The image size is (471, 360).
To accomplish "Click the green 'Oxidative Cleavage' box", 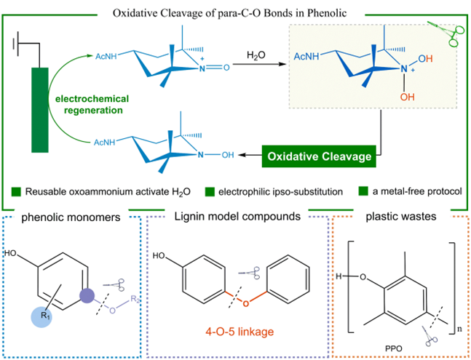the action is coord(319,156).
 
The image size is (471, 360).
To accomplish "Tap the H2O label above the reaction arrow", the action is coord(256,55).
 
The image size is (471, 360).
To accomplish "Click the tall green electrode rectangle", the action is coord(40,110).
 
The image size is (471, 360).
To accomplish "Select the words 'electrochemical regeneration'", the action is coord(92,105).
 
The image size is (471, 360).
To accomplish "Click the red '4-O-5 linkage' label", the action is coord(240,332).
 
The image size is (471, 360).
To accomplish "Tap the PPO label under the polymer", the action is coord(393,348).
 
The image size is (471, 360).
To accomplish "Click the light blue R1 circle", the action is coord(41,317).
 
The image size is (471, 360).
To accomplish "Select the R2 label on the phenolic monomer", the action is coord(135,299).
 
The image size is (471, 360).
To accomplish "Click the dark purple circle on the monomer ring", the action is coord(87,295).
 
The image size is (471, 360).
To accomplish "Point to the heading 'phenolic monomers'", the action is coord(71,217).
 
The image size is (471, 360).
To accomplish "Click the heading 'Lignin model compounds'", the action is coord(237,216).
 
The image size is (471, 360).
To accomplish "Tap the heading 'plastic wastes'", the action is coord(401,216).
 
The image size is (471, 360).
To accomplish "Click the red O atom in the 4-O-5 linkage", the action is coord(246,303).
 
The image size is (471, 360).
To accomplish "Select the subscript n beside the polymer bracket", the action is coord(459,329).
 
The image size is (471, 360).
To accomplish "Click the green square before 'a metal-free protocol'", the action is coord(363,191).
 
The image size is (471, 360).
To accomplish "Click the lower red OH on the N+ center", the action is coord(408,97).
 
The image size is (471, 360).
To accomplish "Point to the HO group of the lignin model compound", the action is coord(159,255).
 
